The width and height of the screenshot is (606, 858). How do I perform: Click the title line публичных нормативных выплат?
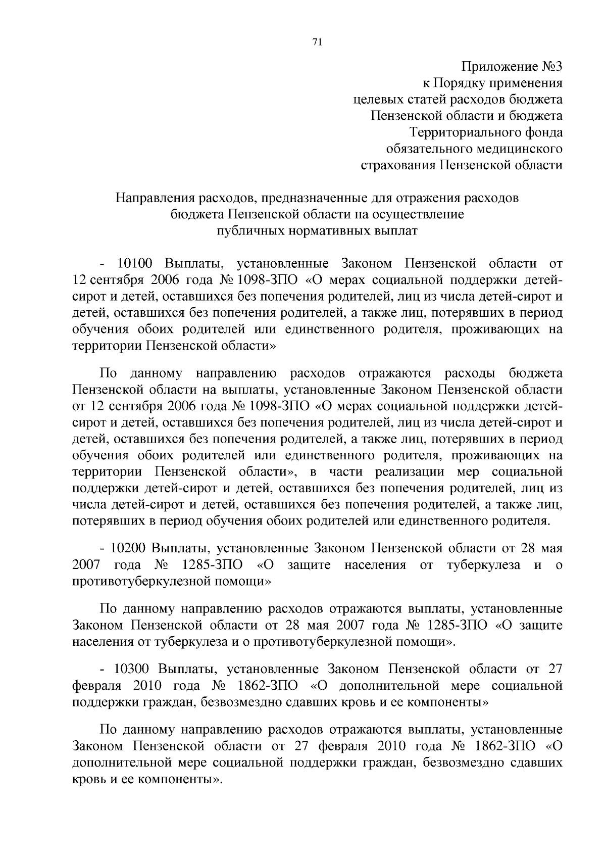click(x=317, y=231)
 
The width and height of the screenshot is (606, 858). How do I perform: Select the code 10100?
click(x=135, y=264)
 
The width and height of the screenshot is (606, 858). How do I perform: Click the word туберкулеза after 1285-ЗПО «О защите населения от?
click(x=483, y=564)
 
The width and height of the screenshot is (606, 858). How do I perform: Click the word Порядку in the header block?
click(x=461, y=83)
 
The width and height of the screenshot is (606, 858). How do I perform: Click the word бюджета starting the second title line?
click(x=197, y=214)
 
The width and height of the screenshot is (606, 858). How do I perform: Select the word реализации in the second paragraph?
click(x=410, y=472)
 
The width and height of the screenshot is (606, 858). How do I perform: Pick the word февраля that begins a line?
click(x=97, y=686)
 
